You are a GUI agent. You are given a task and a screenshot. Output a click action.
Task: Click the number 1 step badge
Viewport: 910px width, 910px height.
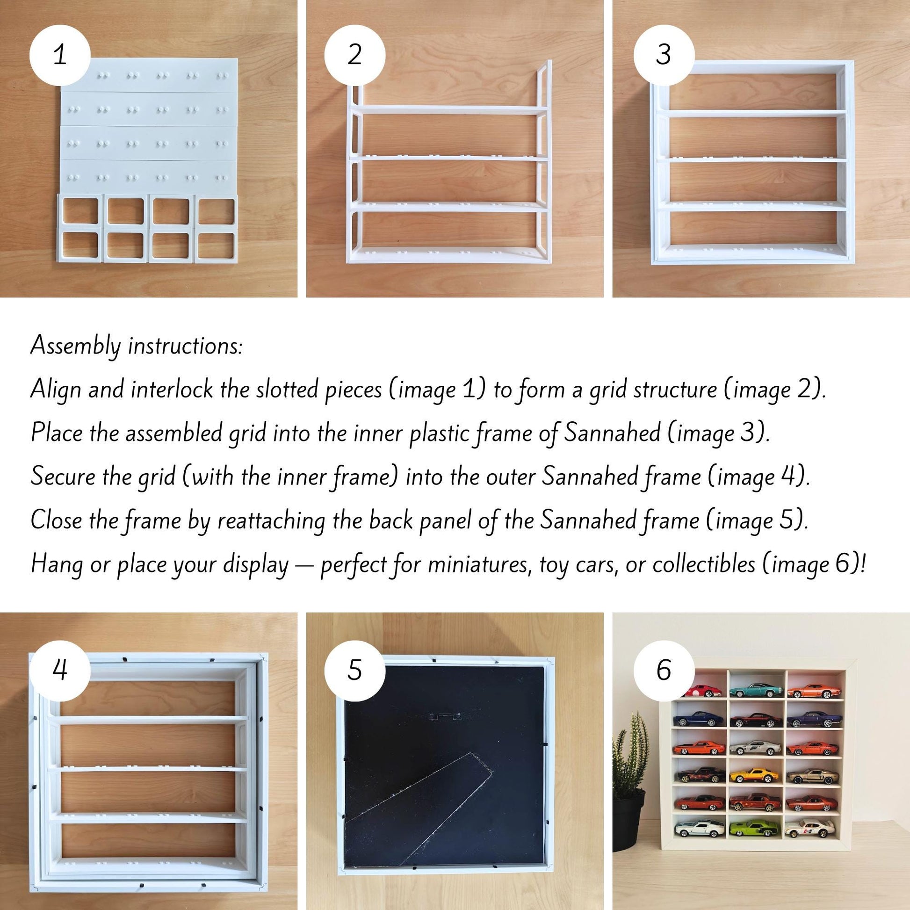[x=60, y=55]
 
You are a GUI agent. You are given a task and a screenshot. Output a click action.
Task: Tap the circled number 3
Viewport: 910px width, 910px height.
[x=664, y=55]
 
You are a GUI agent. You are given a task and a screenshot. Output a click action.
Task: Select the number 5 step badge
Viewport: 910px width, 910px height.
[x=354, y=670]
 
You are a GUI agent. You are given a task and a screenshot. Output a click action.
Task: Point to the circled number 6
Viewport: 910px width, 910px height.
[x=664, y=670]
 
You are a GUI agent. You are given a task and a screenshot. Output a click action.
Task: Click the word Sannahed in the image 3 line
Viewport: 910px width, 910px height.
[x=612, y=433]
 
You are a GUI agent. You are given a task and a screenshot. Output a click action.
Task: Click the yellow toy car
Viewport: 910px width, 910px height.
[x=755, y=775]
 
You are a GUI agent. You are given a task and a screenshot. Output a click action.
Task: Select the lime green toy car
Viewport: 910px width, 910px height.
[x=754, y=828]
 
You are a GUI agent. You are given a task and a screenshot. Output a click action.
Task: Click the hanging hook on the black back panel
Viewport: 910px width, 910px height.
[x=445, y=716]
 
